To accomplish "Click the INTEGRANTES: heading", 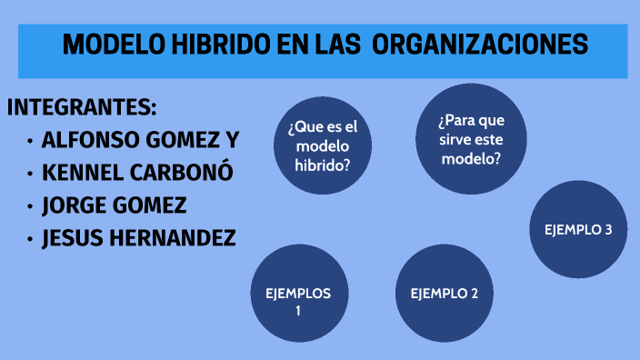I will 83,108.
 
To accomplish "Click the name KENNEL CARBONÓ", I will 137,174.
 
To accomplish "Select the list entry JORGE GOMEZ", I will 114,206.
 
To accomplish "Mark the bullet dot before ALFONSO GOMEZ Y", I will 31,142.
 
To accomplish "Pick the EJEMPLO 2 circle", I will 445,293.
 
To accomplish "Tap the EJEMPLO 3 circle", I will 578,229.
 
